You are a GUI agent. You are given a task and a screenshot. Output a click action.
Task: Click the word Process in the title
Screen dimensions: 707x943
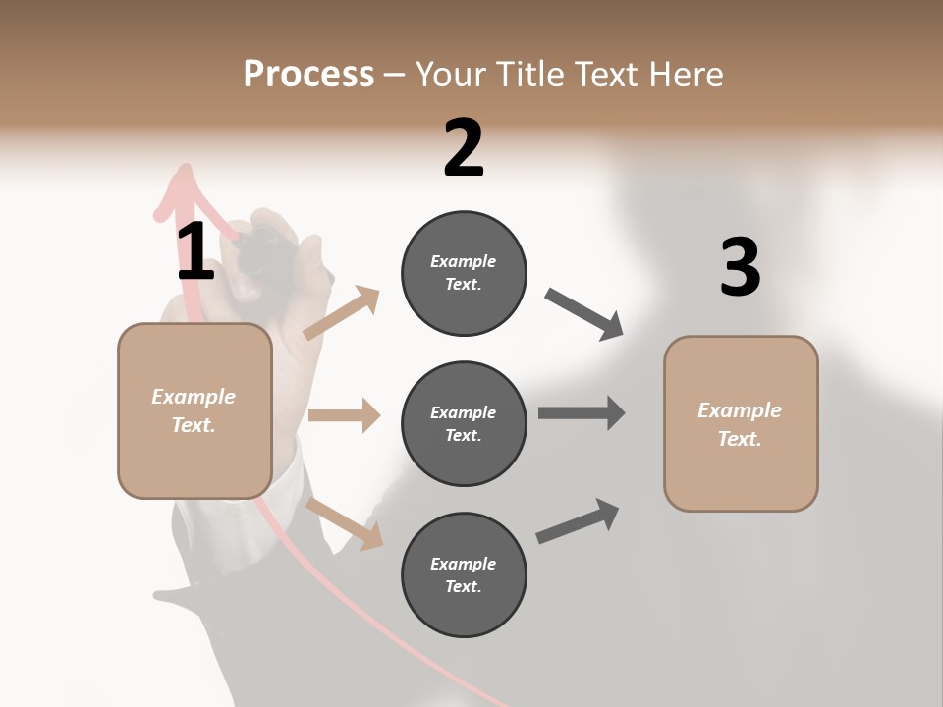pos(308,74)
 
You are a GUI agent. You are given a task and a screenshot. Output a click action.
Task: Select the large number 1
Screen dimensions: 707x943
pos(195,251)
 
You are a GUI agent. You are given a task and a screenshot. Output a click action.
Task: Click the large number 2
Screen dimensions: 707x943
pos(464,148)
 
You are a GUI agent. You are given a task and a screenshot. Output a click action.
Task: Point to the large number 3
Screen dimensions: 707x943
pos(740,267)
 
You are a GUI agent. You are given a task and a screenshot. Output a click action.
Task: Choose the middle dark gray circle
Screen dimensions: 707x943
pos(464,423)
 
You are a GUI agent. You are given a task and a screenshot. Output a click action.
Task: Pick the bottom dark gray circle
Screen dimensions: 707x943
pos(464,574)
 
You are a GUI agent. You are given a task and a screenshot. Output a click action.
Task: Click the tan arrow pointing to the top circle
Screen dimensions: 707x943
pos(342,312)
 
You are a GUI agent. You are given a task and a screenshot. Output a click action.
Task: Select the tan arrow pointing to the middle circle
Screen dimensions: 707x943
pos(344,415)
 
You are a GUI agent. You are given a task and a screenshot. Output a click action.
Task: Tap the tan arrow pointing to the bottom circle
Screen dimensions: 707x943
pos(344,522)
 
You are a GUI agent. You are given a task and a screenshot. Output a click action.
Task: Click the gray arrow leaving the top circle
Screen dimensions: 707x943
pos(584,313)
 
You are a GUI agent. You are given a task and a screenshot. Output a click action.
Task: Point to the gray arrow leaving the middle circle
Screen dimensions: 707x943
pos(582,412)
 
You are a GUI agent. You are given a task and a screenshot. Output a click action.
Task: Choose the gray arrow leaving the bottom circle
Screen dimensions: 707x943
pos(578,520)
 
